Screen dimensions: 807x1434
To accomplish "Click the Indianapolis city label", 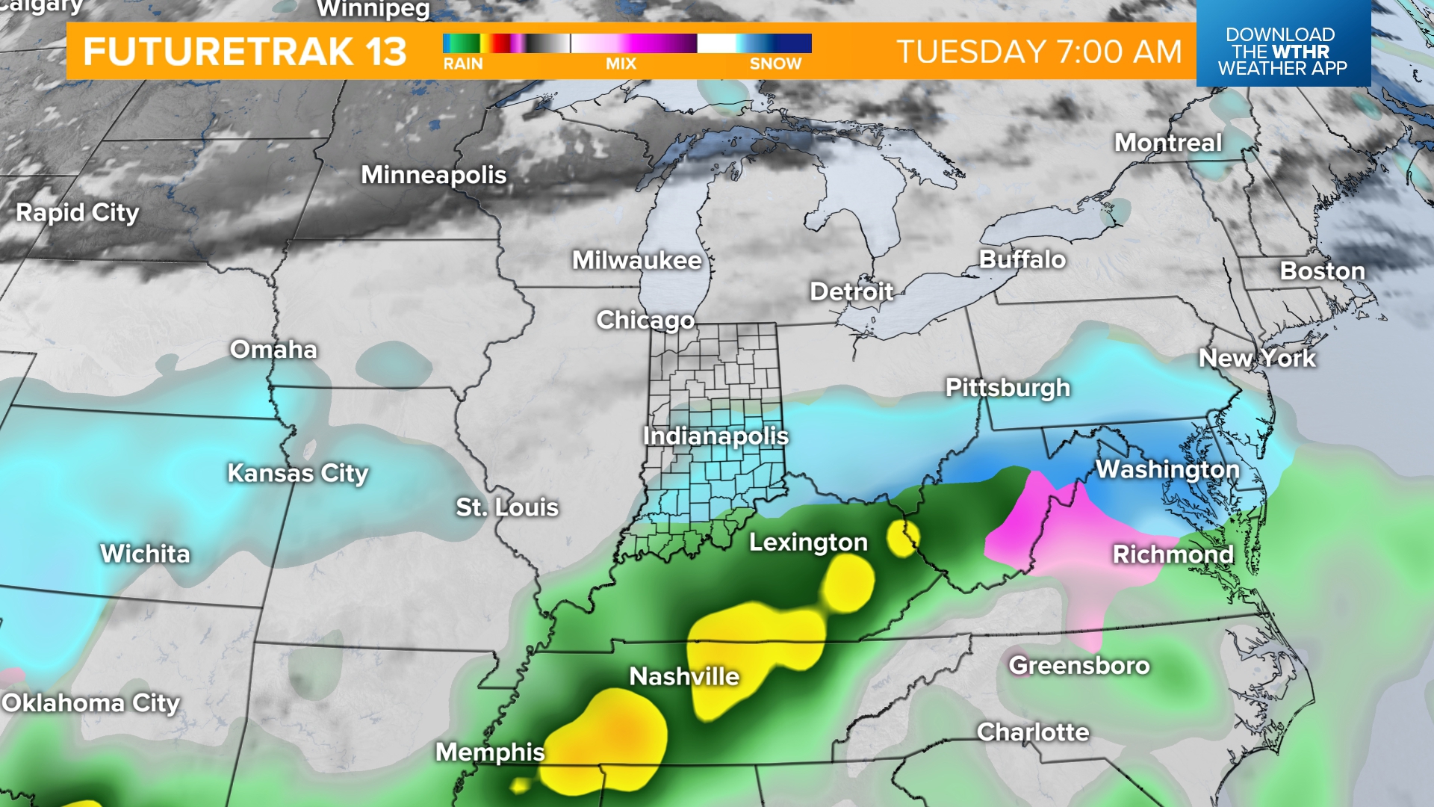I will tap(716, 436).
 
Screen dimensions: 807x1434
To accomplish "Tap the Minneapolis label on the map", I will tap(433, 175).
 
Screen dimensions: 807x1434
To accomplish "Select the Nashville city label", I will tap(684, 676).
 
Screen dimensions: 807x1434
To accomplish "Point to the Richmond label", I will tap(1173, 554).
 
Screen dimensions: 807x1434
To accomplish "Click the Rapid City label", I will tap(78, 213).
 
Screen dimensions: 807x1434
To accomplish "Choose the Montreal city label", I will tap(1168, 143).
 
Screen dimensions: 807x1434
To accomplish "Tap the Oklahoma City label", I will tap(91, 703).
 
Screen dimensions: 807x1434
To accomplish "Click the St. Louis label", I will tap(507, 507).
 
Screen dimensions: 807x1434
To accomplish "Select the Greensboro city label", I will tap(1078, 665).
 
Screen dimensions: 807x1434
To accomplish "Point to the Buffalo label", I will tap(1022, 259).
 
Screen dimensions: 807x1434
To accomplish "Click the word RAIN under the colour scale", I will tap(463, 64).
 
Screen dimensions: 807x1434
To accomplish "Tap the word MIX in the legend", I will tap(621, 64).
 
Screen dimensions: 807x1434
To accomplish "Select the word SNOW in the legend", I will tap(775, 64).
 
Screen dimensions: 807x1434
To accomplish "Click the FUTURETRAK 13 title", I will tap(245, 52).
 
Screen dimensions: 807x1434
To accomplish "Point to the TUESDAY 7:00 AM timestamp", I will tap(1039, 52).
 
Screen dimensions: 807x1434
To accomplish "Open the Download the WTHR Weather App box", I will tap(1282, 51).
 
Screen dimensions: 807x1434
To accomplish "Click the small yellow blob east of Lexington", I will tap(902, 539).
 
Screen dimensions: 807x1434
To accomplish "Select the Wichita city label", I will tap(145, 554).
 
